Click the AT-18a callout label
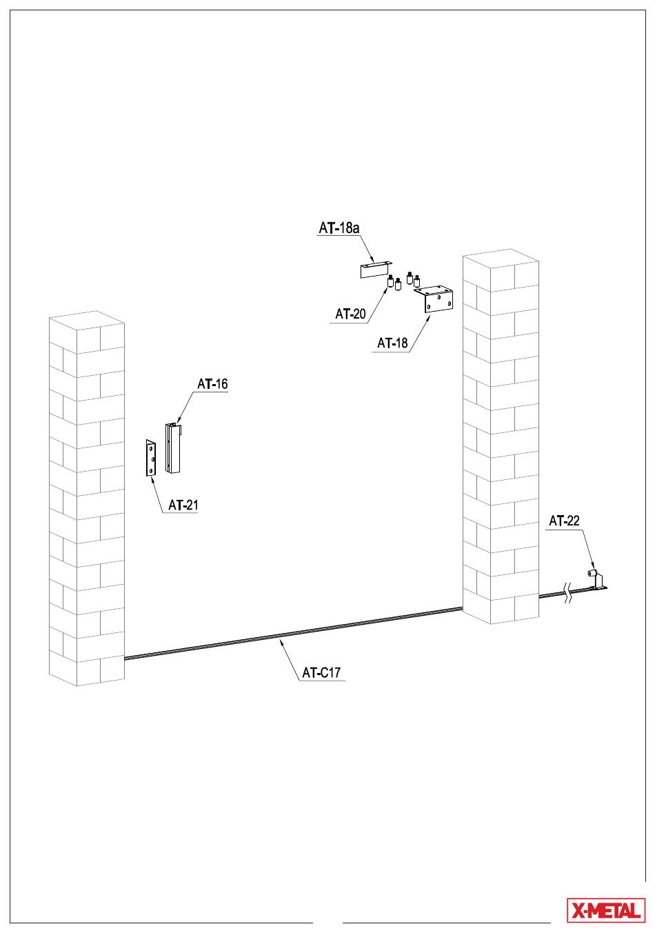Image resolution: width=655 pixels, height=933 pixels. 339,228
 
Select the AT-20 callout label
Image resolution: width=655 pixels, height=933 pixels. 350,314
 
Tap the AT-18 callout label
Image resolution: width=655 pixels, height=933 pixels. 392,343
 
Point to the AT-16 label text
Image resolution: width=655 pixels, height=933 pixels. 212,383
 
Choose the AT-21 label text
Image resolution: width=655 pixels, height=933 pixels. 183,505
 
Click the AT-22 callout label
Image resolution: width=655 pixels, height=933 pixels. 564,521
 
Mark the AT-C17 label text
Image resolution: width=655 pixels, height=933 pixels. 321,672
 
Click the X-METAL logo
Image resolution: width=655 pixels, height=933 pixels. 606,910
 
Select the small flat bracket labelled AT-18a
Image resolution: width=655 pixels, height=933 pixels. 376,269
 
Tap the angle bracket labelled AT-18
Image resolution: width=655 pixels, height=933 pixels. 434,299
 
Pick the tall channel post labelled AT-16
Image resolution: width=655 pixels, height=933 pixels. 173,448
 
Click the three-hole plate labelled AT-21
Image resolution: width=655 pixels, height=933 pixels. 151,458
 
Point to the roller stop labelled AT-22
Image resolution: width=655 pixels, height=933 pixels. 597,579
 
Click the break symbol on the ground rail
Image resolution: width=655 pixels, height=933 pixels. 567,594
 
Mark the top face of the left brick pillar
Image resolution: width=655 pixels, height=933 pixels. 87,320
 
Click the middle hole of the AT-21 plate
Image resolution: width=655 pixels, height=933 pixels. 153,459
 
